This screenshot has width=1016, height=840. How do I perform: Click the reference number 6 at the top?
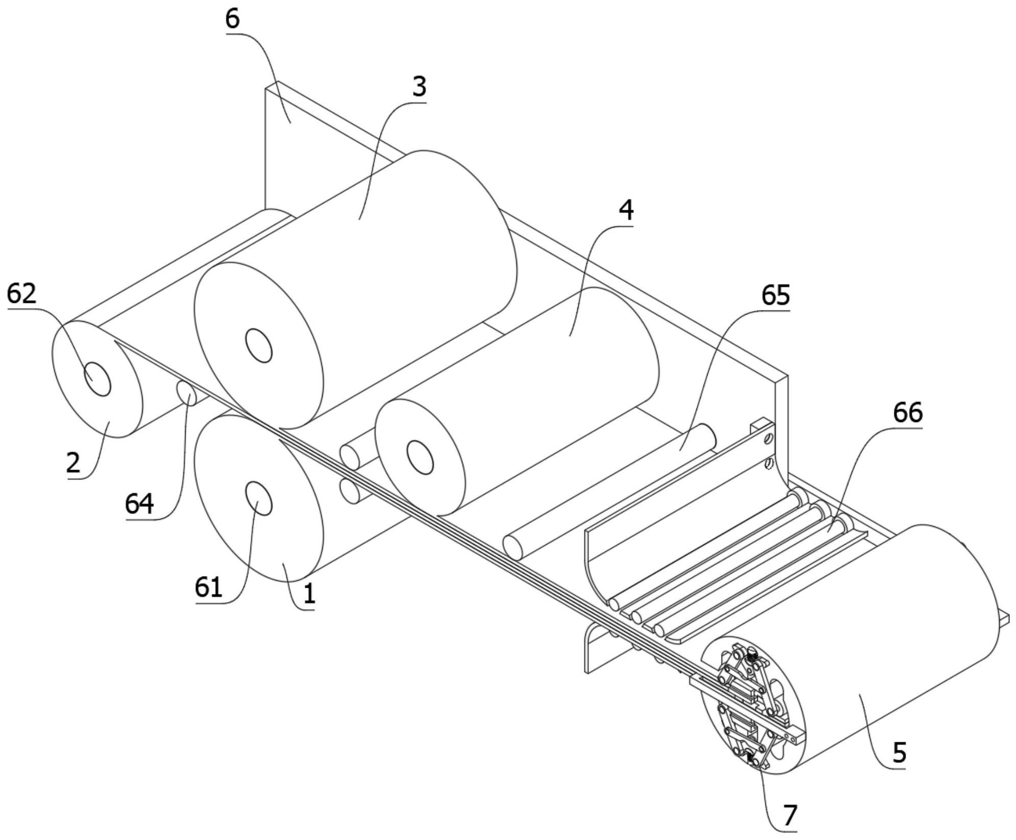[x=233, y=19]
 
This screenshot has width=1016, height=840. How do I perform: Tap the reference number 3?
[x=419, y=87]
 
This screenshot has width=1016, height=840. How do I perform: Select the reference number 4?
[x=626, y=210]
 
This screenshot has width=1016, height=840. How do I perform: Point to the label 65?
[x=775, y=295]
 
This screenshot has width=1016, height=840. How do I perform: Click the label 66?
[x=908, y=413]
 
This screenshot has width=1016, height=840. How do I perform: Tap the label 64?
[x=140, y=504]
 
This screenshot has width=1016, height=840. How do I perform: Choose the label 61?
[x=209, y=588]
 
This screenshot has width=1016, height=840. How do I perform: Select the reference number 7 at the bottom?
[x=790, y=815]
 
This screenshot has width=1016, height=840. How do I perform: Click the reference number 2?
[x=74, y=463]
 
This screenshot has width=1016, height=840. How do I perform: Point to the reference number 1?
[x=309, y=594]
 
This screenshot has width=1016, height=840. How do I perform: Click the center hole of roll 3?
[x=259, y=345]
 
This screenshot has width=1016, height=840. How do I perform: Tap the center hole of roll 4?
[x=420, y=457]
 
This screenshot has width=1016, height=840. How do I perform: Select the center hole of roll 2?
[x=97, y=379]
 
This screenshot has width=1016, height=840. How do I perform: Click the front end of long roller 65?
[x=513, y=547]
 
